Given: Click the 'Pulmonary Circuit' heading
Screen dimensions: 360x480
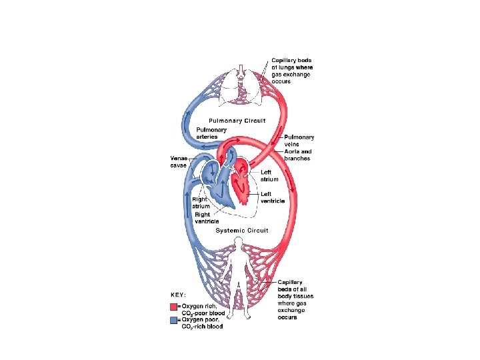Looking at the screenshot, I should point(237,121).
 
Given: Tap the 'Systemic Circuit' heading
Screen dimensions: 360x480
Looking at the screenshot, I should point(242,231).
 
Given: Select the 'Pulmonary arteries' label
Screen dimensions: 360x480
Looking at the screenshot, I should point(211,133).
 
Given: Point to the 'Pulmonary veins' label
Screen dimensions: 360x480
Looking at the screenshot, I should point(299,141).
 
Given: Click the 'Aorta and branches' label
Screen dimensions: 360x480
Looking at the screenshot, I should point(297,155).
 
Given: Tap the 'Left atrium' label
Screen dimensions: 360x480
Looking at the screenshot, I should point(270,175).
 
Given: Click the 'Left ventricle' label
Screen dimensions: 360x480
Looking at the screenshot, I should point(273,197).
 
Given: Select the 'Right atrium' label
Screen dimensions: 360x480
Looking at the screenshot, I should point(201,203).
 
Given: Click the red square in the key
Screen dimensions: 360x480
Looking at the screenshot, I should point(173,307).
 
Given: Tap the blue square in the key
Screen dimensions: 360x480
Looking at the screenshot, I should point(173,320).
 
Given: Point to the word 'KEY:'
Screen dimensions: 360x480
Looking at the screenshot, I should point(177,294).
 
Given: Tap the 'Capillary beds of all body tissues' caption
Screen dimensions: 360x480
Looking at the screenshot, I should point(295,299).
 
